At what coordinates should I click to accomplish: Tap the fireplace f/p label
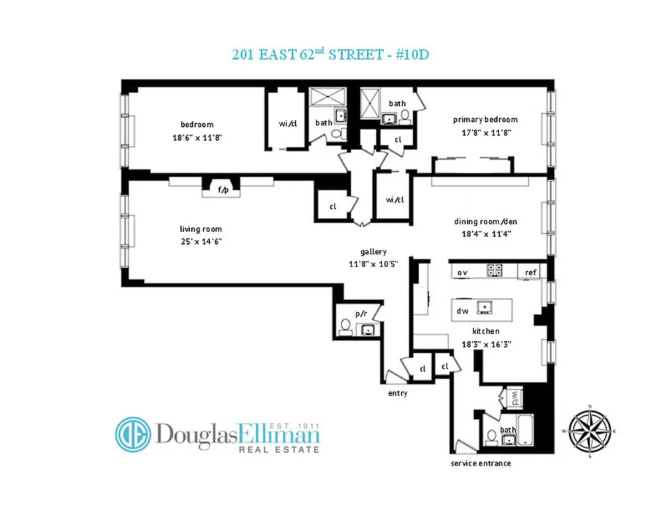(x=223, y=189)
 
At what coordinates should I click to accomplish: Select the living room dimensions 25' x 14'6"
(x=201, y=241)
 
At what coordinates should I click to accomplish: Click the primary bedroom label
(x=485, y=120)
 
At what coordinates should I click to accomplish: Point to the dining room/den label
(x=485, y=221)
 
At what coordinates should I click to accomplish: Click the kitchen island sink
(x=485, y=307)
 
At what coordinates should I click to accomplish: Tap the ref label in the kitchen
(x=530, y=272)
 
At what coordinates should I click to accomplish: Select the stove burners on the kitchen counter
(x=495, y=271)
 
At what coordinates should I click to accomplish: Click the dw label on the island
(x=462, y=311)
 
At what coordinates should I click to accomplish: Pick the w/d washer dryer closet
(x=514, y=398)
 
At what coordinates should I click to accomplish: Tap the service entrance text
(x=480, y=463)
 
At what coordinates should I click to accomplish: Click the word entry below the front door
(x=397, y=393)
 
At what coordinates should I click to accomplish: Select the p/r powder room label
(x=361, y=314)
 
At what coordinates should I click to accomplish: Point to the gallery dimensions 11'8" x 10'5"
(x=374, y=264)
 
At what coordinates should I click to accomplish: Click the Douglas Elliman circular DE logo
(x=133, y=435)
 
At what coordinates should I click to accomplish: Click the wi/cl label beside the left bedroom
(x=288, y=124)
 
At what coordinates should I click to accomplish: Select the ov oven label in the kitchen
(x=462, y=272)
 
